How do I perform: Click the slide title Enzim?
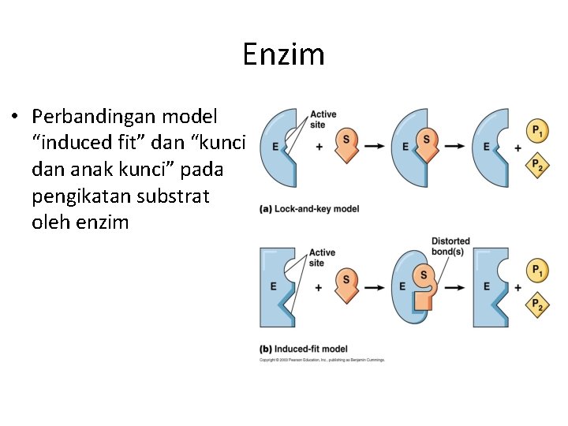283,54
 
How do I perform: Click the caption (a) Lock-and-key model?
309,209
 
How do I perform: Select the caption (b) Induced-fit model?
303,349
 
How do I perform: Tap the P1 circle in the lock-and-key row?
537,129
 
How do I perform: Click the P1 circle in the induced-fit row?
537,271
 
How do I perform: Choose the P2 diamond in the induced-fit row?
537,306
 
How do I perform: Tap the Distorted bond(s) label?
450,246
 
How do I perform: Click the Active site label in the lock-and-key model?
323,119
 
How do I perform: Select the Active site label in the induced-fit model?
322,258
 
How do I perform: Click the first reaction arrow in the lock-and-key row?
375,147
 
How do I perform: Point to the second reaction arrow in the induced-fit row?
454,286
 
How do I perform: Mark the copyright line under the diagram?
322,360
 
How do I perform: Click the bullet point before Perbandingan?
15,118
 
